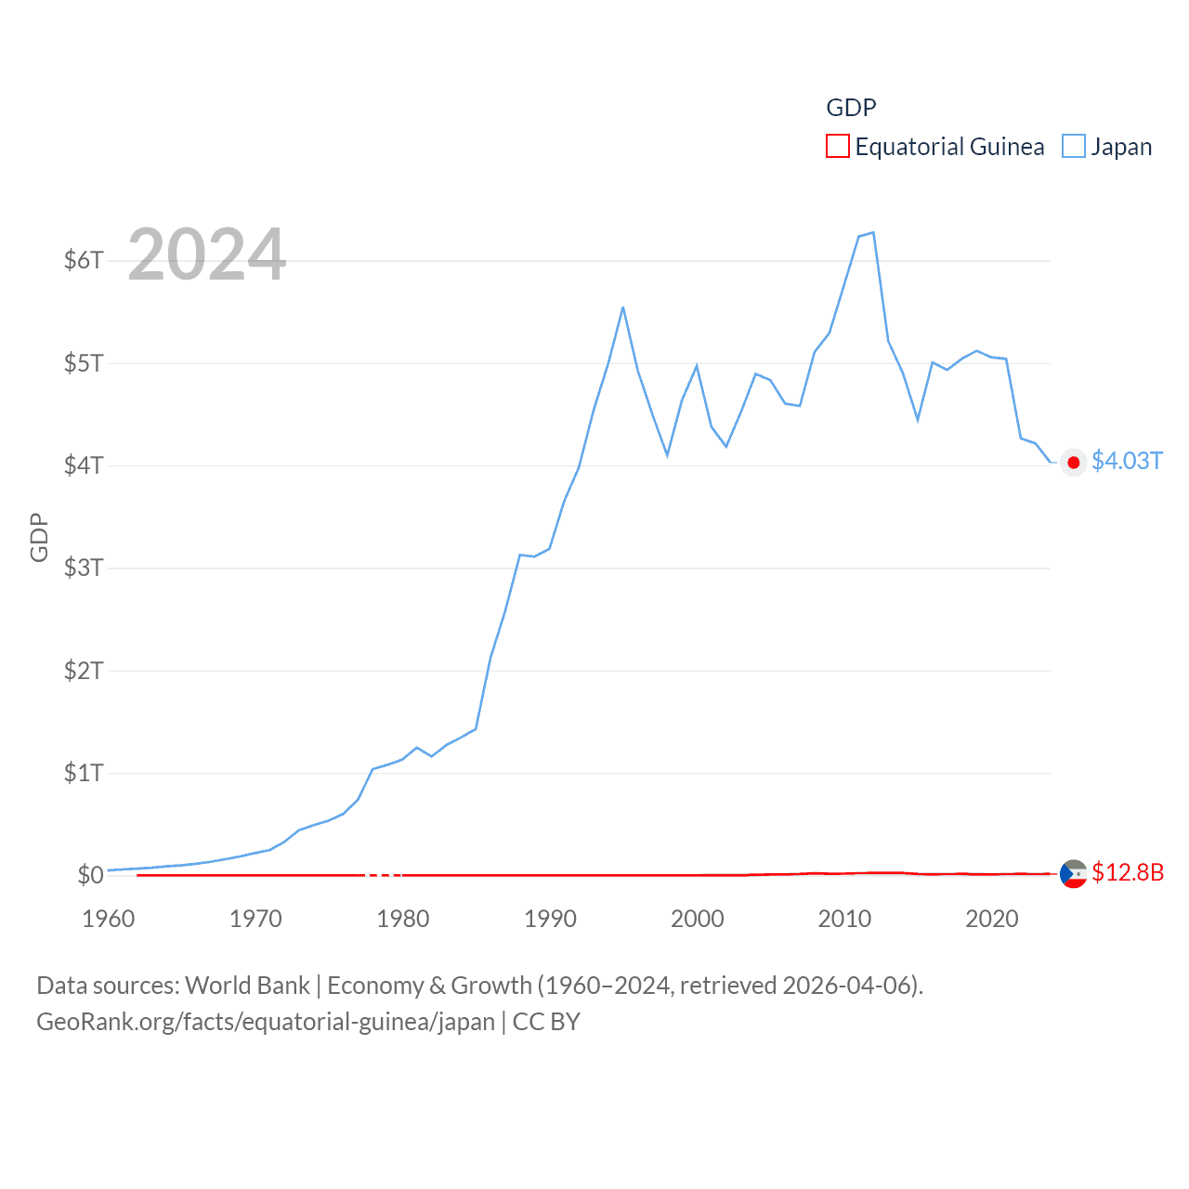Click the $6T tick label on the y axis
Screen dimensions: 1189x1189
point(84,260)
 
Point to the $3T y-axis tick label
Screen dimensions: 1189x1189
point(84,568)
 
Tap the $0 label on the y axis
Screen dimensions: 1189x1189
point(90,875)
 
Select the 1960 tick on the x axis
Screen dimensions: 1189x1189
point(109,919)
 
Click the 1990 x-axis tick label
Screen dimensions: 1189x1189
point(550,919)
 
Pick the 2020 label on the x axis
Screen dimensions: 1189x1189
point(992,919)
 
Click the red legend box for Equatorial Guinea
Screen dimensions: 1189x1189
point(838,147)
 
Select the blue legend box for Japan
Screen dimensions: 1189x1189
point(1074,147)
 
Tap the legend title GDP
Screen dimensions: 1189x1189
point(851,108)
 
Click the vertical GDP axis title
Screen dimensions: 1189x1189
point(39,537)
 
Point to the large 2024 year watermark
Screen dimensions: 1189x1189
point(206,255)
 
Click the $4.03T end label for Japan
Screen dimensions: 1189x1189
point(1127,462)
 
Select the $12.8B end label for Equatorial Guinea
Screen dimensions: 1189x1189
point(1128,872)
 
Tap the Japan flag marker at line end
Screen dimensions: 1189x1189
point(1074,463)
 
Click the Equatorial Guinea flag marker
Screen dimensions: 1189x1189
point(1074,873)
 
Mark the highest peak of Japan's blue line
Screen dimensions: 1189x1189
point(873,232)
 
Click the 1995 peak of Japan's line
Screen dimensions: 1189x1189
point(623,307)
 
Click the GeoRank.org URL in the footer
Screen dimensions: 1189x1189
point(266,1022)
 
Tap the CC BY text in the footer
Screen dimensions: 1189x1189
point(546,1022)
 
